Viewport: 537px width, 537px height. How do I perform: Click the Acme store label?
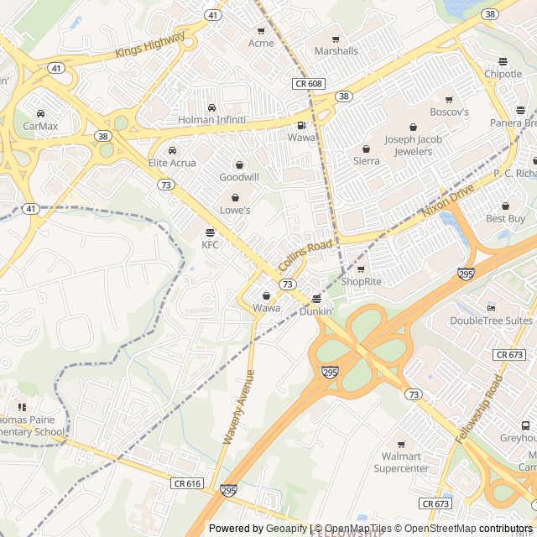click(261, 44)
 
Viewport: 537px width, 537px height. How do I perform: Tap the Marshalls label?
click(336, 51)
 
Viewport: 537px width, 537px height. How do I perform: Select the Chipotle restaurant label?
click(503, 74)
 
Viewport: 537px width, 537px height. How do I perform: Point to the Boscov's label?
click(449, 112)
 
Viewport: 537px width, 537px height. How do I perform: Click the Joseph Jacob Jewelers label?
click(409, 145)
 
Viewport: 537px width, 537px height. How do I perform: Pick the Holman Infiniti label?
click(211, 120)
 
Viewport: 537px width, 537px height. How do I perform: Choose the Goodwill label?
click(239, 177)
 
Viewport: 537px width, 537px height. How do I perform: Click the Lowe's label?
click(235, 210)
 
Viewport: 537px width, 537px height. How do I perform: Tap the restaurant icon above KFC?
click(210, 232)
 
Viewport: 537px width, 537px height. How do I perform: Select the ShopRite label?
click(361, 281)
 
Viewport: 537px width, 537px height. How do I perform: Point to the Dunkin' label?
click(316, 311)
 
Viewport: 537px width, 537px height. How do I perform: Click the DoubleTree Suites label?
click(491, 321)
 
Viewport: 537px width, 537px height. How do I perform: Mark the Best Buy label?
click(506, 218)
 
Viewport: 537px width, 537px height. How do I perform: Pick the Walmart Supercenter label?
click(401, 462)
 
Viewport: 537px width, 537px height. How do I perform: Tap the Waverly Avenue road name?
click(238, 408)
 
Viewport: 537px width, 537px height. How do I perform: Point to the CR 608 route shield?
click(308, 83)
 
